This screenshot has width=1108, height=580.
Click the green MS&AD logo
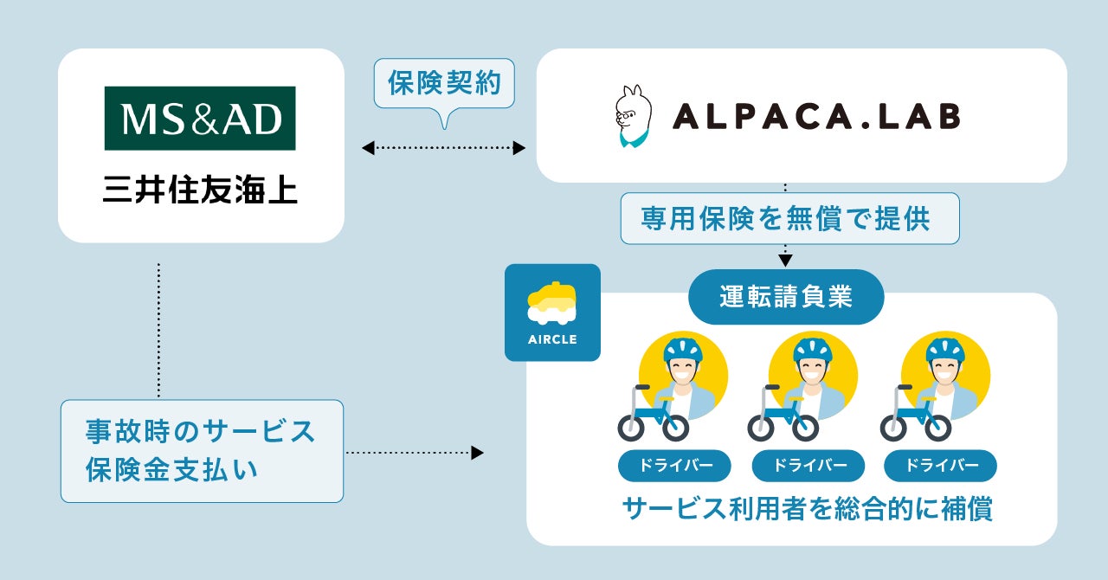[x=200, y=119]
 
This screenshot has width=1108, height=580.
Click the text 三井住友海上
[x=200, y=190]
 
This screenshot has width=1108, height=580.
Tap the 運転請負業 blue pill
[x=785, y=297]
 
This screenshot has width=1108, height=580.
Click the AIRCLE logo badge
[x=552, y=312]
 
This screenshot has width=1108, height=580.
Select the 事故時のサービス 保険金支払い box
[x=201, y=450]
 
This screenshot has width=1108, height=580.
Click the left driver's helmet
[x=683, y=349]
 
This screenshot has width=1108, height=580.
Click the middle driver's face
[x=813, y=373]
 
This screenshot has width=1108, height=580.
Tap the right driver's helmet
[x=944, y=349]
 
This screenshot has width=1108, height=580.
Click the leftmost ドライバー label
[x=674, y=466]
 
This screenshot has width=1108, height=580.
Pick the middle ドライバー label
[x=808, y=466]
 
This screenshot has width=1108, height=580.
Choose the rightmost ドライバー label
[x=940, y=466]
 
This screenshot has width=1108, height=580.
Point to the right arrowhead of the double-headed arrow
[x=519, y=148]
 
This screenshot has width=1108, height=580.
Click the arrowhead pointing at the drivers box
[x=477, y=452]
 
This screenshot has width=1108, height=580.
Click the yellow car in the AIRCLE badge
[x=552, y=300]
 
